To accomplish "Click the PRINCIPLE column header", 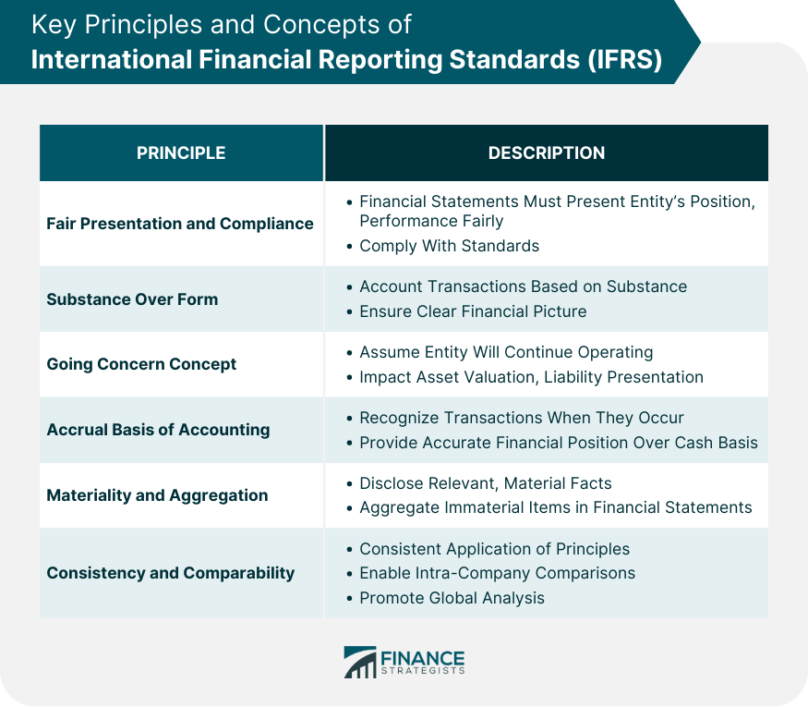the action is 181,153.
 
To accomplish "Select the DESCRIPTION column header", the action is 547,153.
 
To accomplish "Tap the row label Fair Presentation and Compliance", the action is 180,224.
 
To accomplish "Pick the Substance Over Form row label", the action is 132,299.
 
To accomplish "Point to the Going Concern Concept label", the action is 141,364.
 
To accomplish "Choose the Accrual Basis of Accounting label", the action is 158,430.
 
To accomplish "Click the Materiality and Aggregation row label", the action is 157,495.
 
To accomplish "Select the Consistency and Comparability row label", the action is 171,573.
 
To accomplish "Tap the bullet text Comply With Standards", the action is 449,246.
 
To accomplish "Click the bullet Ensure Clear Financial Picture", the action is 473,311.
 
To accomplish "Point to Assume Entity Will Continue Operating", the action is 506,352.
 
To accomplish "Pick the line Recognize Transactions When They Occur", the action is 522,418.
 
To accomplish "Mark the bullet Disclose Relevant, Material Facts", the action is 486,483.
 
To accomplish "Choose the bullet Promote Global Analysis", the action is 452,598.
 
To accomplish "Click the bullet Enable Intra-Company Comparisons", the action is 498,573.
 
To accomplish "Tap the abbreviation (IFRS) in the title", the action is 624,59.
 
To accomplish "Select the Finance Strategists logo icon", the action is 360,662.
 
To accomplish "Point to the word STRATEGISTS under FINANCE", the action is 423,670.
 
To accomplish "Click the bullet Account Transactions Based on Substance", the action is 523,286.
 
